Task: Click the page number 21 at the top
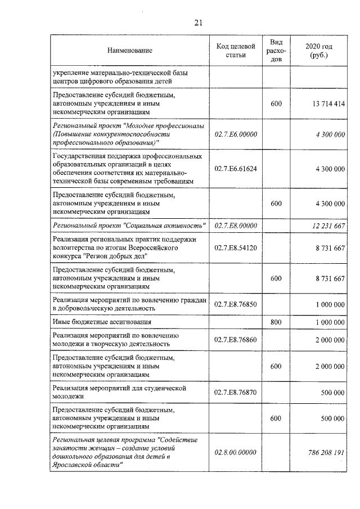pyautogui.click(x=197, y=22)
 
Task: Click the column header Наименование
pyautogui.click(x=130, y=51)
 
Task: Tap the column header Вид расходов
pyautogui.click(x=276, y=51)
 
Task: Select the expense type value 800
pyautogui.click(x=276, y=322)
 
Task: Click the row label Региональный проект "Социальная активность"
pyautogui.click(x=129, y=226)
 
